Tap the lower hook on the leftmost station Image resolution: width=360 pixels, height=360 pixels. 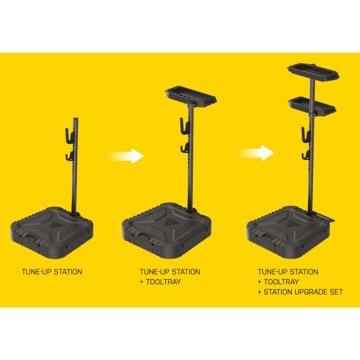[68, 156]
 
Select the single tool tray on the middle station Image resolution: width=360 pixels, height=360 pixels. [191, 95]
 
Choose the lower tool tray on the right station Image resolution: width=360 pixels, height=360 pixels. [312, 104]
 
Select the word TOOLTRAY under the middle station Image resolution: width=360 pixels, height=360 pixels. [162, 282]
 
